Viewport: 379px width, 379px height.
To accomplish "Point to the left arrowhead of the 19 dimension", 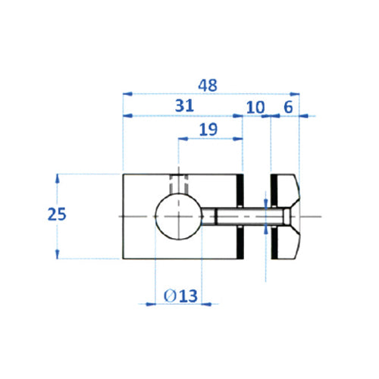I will click(182, 139).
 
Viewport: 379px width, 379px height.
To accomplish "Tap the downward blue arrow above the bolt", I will click(265, 202).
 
